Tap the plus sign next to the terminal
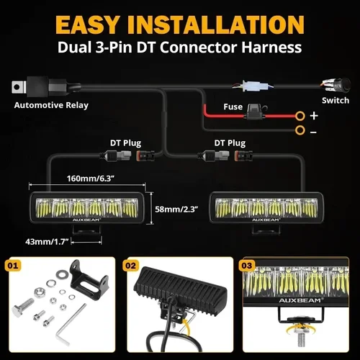click(314, 114)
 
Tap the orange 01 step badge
click(12, 266)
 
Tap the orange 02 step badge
click(130, 266)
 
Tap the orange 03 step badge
click(248, 266)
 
